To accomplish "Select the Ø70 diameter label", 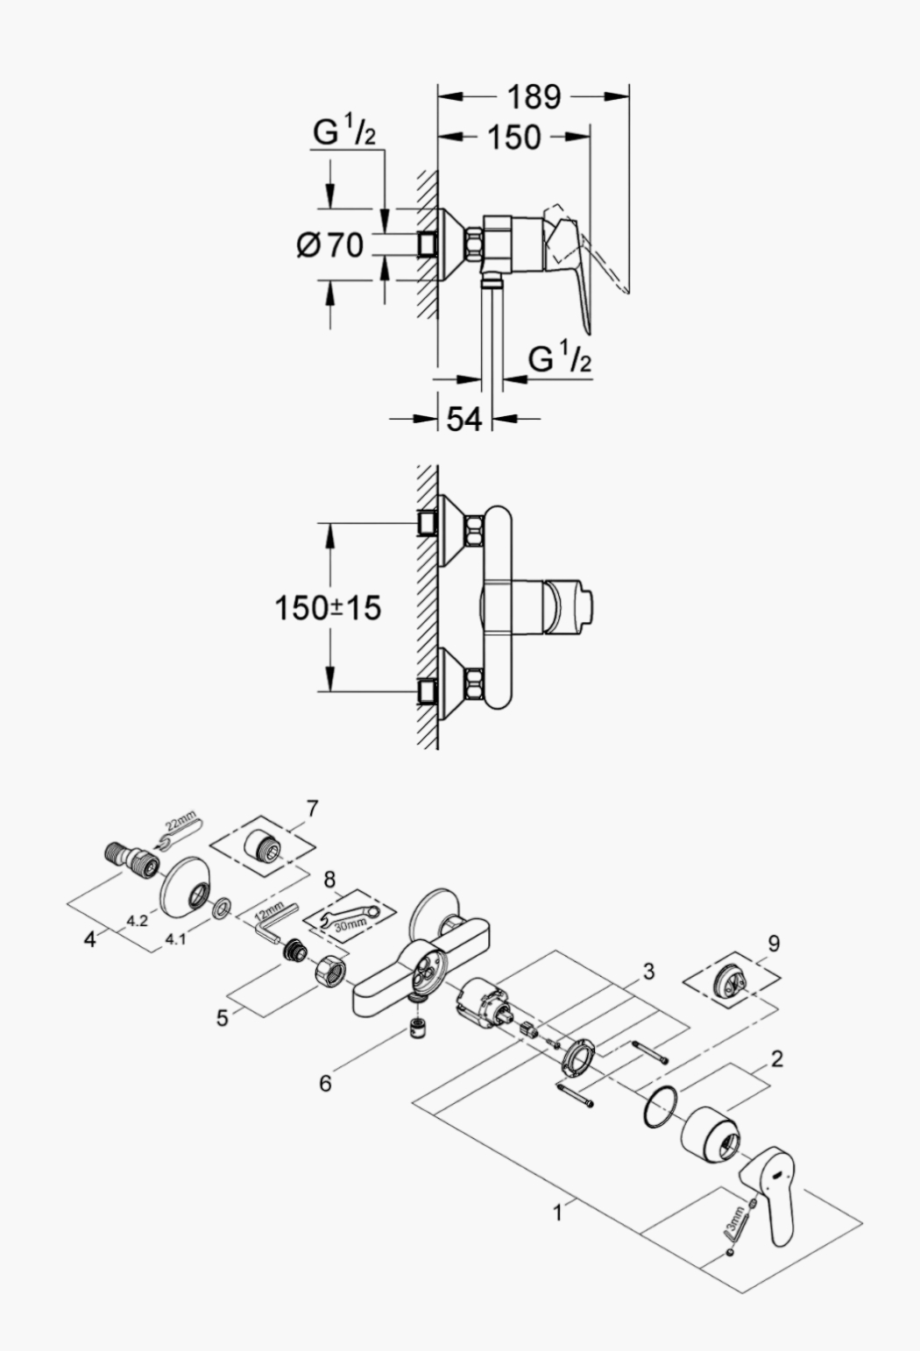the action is pyautogui.click(x=330, y=245).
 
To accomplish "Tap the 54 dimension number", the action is pyautogui.click(x=464, y=419).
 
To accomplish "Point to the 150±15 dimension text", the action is pyautogui.click(x=328, y=607).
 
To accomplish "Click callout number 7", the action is pyautogui.click(x=312, y=809).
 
